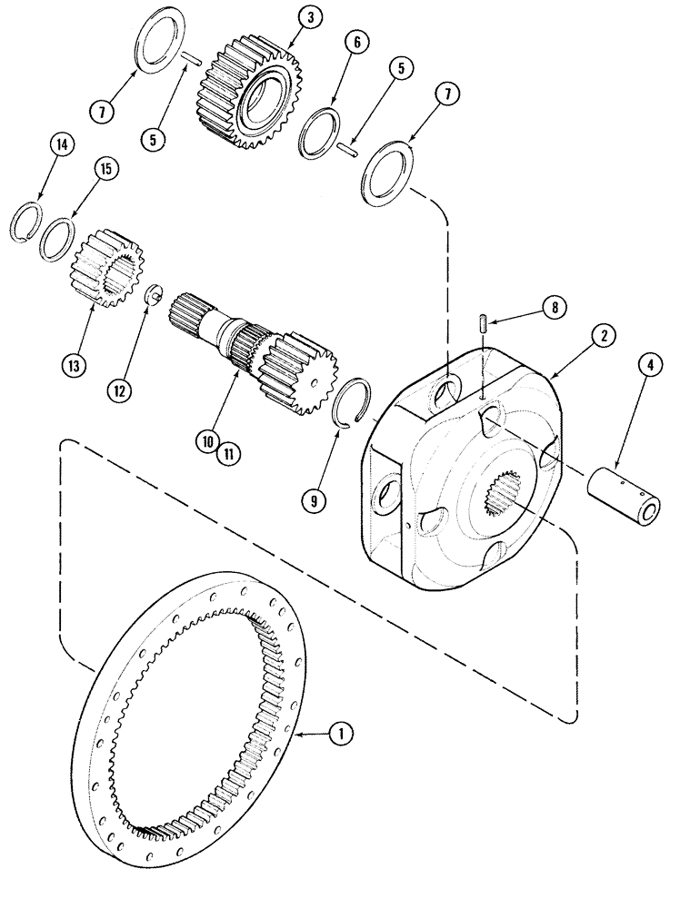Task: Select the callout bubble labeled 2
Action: point(602,335)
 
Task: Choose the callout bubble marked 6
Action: point(356,43)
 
